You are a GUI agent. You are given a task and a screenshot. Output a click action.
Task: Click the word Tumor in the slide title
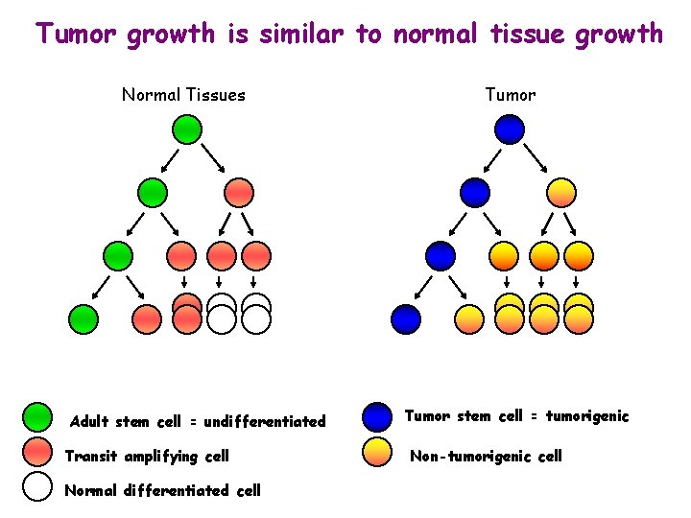[x=78, y=35]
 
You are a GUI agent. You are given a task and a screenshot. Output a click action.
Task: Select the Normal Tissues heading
[x=183, y=95]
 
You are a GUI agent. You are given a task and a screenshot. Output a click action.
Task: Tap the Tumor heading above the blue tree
[x=511, y=95]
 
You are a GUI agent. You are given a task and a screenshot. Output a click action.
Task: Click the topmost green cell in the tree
[x=187, y=129]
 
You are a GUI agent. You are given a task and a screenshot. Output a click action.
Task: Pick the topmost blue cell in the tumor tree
[x=510, y=129]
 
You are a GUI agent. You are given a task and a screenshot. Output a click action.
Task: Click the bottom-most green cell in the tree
[x=83, y=318]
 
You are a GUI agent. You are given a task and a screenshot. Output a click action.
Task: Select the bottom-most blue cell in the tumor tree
[x=406, y=318]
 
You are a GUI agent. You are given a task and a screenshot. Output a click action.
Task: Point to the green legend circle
[x=36, y=417]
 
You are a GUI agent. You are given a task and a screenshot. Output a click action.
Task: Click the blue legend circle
[x=378, y=416]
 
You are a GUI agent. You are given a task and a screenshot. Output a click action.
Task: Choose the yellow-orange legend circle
[x=378, y=452]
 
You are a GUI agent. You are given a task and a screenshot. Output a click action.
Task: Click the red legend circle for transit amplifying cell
[x=36, y=452]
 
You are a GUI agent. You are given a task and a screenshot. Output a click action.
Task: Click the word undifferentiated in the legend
[x=265, y=422]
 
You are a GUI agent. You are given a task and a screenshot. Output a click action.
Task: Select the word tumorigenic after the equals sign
[x=587, y=416]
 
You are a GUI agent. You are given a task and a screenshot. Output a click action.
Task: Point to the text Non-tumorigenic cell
[x=486, y=457]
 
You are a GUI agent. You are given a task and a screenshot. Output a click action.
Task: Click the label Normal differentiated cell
[x=161, y=490]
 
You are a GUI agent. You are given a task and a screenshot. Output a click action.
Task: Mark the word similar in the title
[x=301, y=35]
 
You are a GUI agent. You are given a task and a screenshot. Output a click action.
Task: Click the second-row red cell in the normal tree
[x=239, y=192]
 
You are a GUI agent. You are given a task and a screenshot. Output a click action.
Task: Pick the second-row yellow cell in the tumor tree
[x=561, y=192]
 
